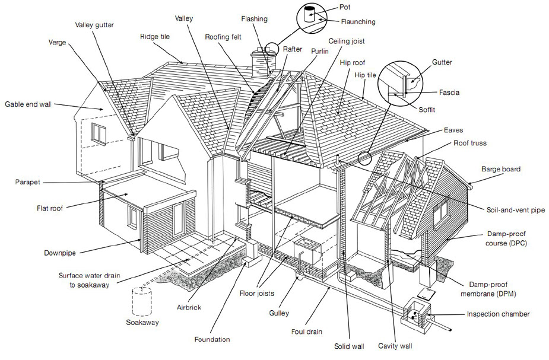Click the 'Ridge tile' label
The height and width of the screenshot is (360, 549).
pos(155,36)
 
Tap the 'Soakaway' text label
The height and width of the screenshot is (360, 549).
pos(142,322)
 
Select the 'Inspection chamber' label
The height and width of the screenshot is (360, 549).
pos(498,314)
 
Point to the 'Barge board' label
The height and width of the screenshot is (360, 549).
pos(501,170)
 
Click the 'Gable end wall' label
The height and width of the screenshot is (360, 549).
pos(28,104)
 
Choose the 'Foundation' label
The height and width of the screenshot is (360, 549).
pos(212,339)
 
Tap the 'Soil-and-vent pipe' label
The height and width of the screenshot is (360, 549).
pos(516,210)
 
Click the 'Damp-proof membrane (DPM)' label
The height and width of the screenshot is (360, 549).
pos(488,289)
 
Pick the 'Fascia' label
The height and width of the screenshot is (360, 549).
pos(449,93)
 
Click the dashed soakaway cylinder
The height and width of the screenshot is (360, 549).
pos(141,301)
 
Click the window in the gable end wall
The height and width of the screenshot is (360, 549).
pos(99,133)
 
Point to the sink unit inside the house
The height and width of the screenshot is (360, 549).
pos(307,250)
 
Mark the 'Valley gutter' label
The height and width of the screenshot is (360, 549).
pos(94,25)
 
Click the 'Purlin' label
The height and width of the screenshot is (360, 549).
pos(320,52)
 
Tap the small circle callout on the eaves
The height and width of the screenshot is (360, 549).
pos(364,158)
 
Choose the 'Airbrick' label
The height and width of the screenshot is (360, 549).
pos(189,307)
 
